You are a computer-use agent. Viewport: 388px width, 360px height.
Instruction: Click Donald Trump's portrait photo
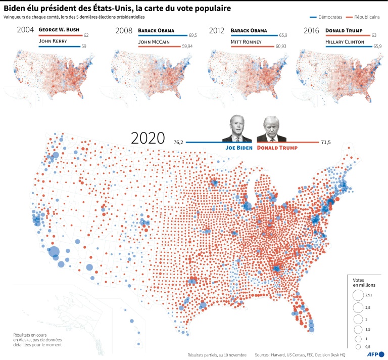(272, 129)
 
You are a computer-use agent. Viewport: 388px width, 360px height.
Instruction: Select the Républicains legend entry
(366, 17)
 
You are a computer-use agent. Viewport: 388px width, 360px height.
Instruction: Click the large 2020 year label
(148, 138)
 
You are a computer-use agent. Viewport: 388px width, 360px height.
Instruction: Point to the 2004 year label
(25, 30)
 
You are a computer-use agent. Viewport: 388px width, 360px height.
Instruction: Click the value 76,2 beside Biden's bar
(178, 143)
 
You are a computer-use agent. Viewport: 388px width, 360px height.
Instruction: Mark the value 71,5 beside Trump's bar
(326, 143)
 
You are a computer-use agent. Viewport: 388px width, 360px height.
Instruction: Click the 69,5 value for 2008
(192, 35)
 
